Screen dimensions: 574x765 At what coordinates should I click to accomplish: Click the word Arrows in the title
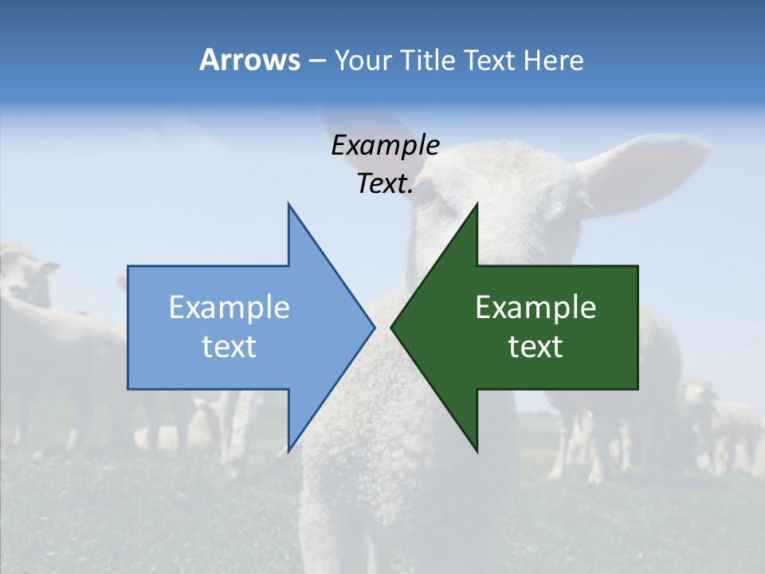249,60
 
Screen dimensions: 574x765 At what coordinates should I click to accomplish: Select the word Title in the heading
424,61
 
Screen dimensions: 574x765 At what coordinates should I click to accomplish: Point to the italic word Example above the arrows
385,146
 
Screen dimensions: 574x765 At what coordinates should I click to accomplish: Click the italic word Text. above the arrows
385,184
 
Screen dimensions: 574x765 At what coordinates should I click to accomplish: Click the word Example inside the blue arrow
229,308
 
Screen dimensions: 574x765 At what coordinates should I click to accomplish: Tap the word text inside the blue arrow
229,347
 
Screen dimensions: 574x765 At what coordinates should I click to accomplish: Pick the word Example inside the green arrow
535,308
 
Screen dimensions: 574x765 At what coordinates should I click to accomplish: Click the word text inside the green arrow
535,347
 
